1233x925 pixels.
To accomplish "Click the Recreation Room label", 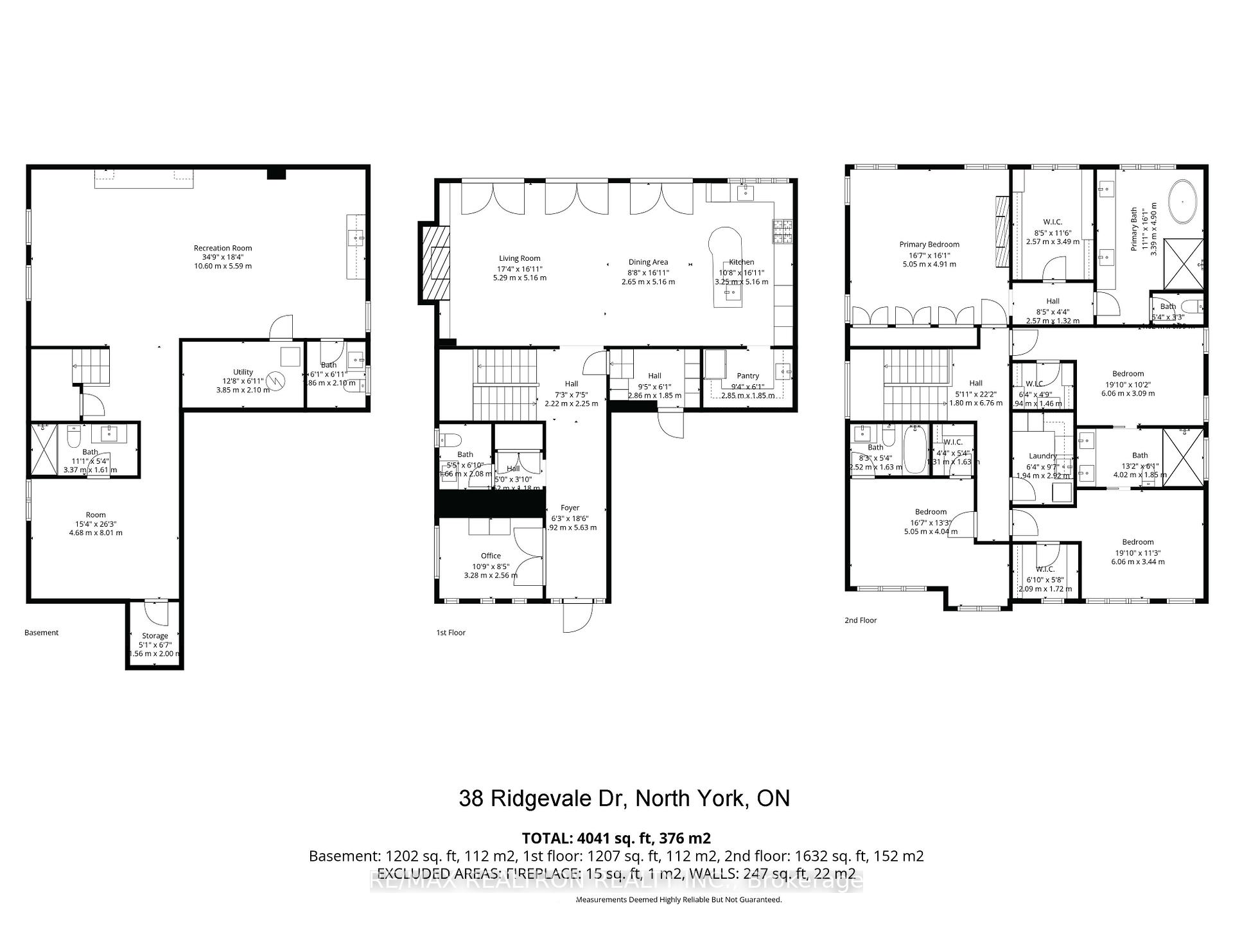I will [x=223, y=248].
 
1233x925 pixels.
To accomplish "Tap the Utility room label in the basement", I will [x=243, y=372].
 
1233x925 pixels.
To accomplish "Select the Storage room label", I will [x=155, y=635].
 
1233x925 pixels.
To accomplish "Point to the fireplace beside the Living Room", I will [x=435, y=262].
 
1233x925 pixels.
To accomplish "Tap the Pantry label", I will [x=748, y=376].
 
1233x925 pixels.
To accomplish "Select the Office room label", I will [x=491, y=556].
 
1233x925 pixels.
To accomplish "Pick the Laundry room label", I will [x=1042, y=456].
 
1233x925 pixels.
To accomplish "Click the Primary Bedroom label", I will [x=929, y=244].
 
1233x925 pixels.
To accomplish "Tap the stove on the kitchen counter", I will [x=783, y=233].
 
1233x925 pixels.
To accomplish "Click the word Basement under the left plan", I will [x=41, y=633].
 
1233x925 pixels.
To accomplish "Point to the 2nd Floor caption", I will [x=860, y=620].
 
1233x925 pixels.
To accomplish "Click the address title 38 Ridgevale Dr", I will [x=624, y=798].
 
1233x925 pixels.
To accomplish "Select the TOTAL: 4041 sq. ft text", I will [x=616, y=838].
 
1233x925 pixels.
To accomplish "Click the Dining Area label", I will [x=648, y=262].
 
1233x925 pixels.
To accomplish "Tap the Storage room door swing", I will [x=156, y=613].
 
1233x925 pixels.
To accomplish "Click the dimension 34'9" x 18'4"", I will [x=223, y=257].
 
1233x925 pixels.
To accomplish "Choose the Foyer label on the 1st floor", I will [x=570, y=507].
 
